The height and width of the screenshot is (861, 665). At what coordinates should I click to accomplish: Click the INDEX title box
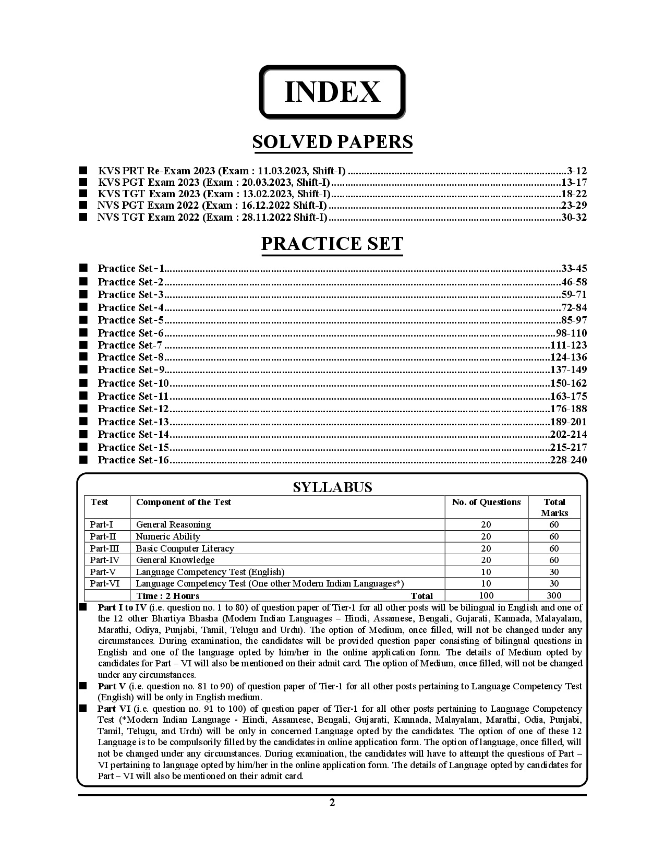coord(332,92)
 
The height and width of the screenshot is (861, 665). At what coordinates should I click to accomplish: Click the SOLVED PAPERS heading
coord(332,142)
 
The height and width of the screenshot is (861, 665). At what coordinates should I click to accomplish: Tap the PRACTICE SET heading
coord(332,244)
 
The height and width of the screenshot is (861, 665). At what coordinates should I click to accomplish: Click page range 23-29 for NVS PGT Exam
coord(573,205)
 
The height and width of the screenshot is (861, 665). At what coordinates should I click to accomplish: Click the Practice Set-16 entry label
coord(134,460)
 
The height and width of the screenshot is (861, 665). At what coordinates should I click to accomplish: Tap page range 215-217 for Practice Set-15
coord(568,447)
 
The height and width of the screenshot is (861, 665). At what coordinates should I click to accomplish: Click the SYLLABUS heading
coord(332,487)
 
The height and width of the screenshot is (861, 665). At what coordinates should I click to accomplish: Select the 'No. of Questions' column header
coord(486,502)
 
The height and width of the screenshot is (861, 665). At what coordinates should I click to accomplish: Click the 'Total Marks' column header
coord(554,507)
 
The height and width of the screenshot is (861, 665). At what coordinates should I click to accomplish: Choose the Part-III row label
coord(104,548)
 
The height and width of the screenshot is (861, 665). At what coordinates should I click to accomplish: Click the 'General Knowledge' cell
coord(175,560)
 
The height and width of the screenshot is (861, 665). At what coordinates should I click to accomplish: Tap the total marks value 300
coord(554,595)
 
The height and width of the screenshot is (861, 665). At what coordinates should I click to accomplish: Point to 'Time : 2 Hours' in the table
coord(167,596)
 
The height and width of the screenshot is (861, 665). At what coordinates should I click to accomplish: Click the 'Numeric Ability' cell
coord(168,536)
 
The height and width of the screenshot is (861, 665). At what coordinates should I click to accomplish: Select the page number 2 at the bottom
coord(332,803)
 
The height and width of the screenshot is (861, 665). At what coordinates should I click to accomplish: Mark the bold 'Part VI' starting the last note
coord(114,709)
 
